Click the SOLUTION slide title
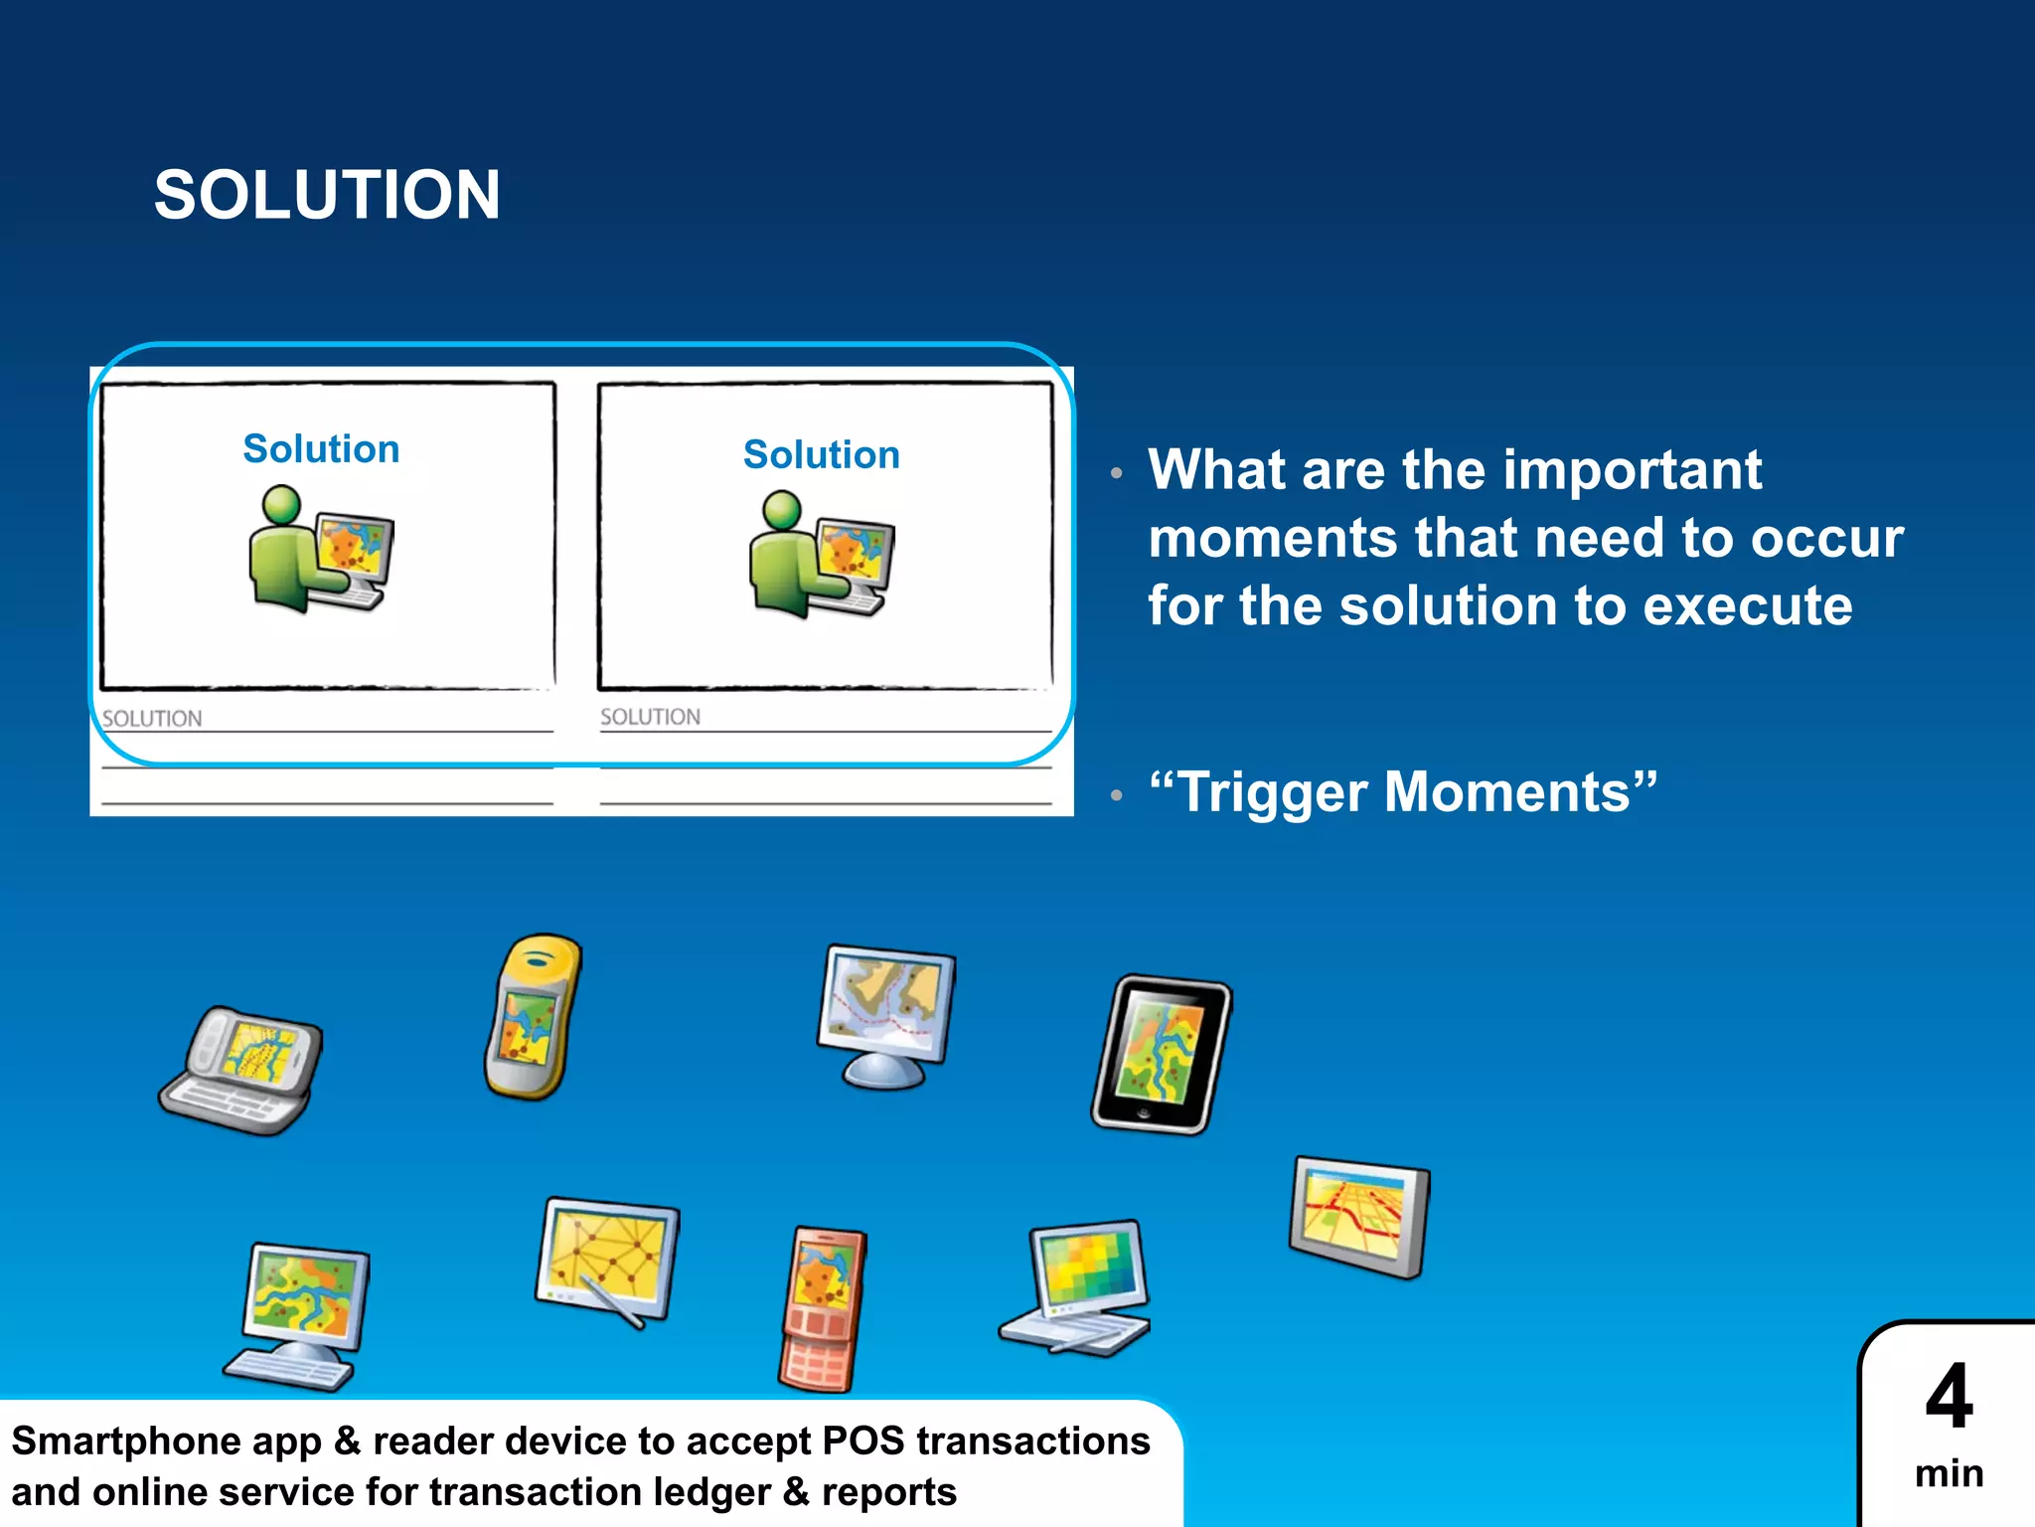click(327, 195)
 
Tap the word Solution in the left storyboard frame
click(321, 449)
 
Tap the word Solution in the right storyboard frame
click(821, 455)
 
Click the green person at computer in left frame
click(319, 550)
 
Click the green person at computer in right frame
click(821, 555)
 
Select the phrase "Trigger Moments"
click(1402, 792)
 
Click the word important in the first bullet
click(1632, 470)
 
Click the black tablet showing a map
click(1161, 1055)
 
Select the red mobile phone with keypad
click(822, 1307)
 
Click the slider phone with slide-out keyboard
click(242, 1072)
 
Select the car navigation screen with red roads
click(1358, 1217)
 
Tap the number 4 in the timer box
click(1949, 1397)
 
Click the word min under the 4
click(1949, 1473)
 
